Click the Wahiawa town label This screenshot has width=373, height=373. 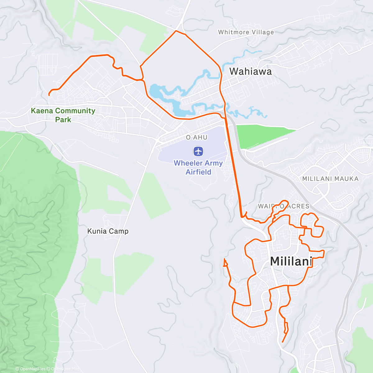coord(251,71)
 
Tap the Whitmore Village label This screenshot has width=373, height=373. coord(246,32)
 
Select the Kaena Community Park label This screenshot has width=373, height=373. coord(63,115)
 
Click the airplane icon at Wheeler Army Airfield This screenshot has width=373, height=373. coord(198,152)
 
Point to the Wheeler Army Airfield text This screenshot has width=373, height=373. coord(198,167)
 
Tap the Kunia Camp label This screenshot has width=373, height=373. coord(108,231)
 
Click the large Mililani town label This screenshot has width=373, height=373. coord(291,261)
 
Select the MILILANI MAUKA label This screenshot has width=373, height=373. coord(330,179)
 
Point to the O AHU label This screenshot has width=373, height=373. coord(196,137)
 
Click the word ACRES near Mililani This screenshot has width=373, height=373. coord(298,206)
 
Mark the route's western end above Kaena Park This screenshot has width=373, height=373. coord(49,95)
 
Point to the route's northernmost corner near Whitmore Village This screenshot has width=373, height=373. coord(176,31)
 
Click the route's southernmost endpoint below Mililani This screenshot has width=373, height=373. coord(282,342)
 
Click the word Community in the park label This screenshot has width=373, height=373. coord(75,111)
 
